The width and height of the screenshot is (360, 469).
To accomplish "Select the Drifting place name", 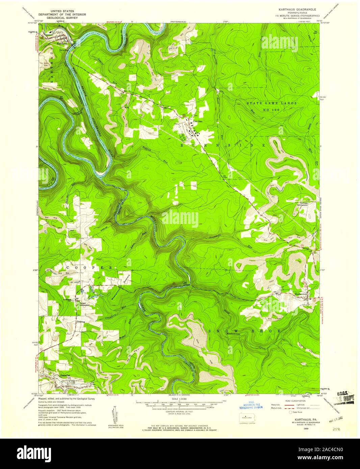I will (x=81, y=322).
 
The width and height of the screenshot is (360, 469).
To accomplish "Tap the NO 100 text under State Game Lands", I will (x=271, y=110).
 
